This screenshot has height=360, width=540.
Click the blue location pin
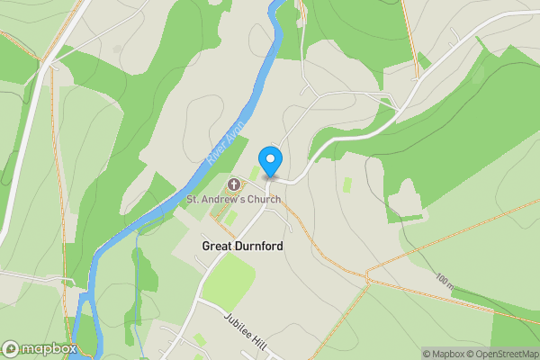270,161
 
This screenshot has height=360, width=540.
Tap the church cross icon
234,184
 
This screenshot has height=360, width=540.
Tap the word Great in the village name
217,245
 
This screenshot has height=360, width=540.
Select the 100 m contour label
444,283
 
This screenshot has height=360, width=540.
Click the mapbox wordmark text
49,348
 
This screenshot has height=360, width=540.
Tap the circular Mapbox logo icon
11,348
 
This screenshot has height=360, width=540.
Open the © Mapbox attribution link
445,354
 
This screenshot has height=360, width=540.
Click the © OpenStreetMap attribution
505,354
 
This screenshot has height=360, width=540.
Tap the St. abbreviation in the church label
193,199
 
